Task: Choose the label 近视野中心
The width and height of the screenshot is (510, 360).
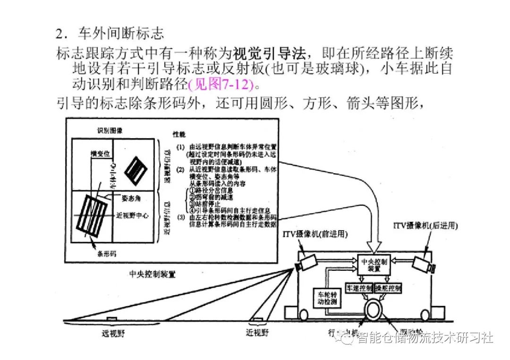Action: [133, 215]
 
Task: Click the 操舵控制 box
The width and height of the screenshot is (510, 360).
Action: [388, 287]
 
